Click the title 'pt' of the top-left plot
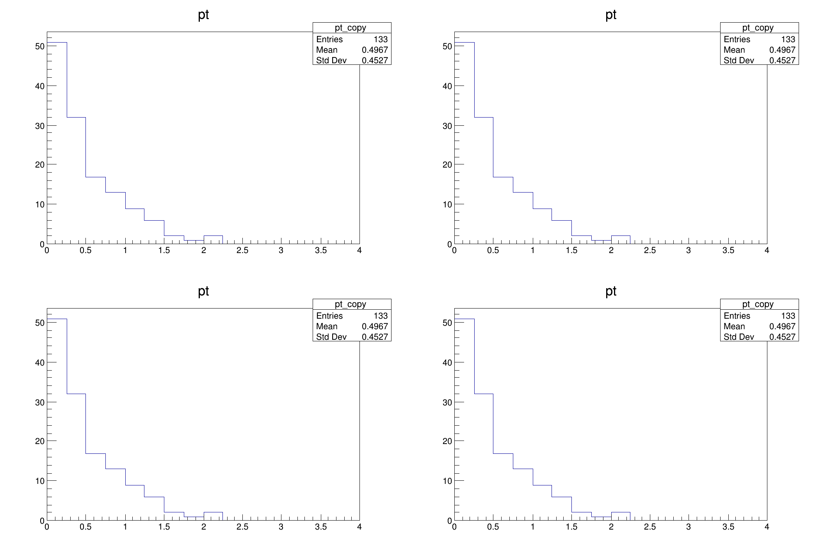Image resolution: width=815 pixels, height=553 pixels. (x=203, y=15)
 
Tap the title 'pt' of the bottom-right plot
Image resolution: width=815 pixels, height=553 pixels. (x=611, y=291)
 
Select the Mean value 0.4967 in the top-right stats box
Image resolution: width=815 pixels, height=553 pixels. (x=782, y=50)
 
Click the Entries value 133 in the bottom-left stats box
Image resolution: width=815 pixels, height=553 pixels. (x=381, y=316)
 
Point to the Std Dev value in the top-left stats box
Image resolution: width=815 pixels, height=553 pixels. (x=375, y=61)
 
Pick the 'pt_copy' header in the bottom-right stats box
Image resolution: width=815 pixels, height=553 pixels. (x=758, y=304)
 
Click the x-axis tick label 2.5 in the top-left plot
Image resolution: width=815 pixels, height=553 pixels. (x=242, y=251)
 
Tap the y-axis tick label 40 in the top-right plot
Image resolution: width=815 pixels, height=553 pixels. (x=447, y=86)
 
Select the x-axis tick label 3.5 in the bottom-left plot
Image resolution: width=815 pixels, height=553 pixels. (x=320, y=527)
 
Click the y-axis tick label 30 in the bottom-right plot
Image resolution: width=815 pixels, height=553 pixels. (x=447, y=402)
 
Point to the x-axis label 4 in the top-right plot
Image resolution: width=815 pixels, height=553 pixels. (x=767, y=251)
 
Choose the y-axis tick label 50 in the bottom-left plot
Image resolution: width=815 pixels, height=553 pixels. (x=39, y=323)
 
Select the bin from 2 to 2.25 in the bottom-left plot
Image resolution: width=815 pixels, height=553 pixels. (x=213, y=516)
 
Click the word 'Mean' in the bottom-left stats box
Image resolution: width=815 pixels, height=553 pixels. (x=327, y=326)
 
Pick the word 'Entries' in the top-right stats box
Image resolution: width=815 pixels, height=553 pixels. (x=737, y=39)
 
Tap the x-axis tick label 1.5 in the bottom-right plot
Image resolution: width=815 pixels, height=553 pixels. (x=571, y=527)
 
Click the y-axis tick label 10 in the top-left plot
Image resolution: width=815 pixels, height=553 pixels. (x=39, y=205)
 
